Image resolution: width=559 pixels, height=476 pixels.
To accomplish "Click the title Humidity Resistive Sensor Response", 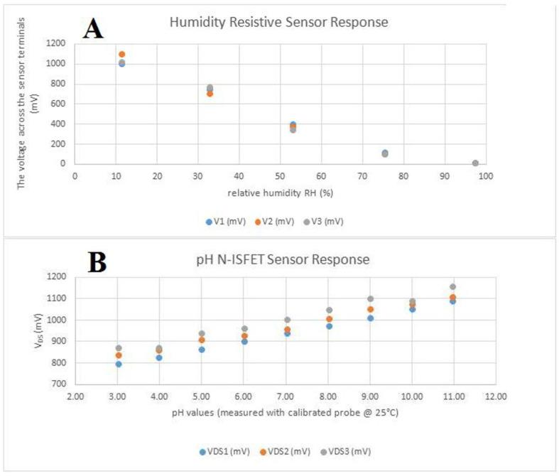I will pyautogui.click(x=278, y=23).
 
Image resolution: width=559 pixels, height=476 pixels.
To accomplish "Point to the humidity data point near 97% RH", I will pyautogui.click(x=475, y=163).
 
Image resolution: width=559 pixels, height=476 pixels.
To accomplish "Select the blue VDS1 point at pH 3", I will pyautogui.click(x=119, y=364).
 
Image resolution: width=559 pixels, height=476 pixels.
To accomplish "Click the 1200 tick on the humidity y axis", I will pyautogui.click(x=58, y=43).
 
